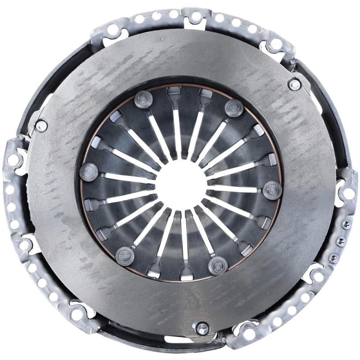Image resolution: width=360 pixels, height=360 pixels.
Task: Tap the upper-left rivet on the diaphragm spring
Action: (143, 99)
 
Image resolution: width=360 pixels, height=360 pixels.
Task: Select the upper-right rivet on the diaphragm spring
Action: (234, 108)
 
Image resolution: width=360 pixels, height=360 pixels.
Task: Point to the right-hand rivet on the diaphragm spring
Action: (272, 189)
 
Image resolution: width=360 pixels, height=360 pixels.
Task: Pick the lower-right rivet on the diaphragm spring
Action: (218, 265)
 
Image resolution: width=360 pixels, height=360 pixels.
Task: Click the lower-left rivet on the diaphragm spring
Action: (125, 256)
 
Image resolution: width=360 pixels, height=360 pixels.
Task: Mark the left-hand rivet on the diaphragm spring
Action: (88, 171)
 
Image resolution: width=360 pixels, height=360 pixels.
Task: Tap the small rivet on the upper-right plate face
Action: (294, 84)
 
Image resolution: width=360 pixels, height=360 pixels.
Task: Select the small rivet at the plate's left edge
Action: (41, 126)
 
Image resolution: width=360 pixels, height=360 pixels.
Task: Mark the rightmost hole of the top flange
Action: (275, 44)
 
